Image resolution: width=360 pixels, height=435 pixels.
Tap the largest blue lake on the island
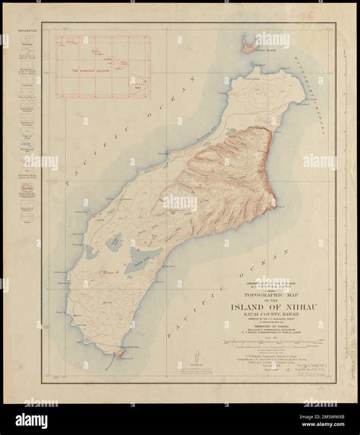click(140, 265)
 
